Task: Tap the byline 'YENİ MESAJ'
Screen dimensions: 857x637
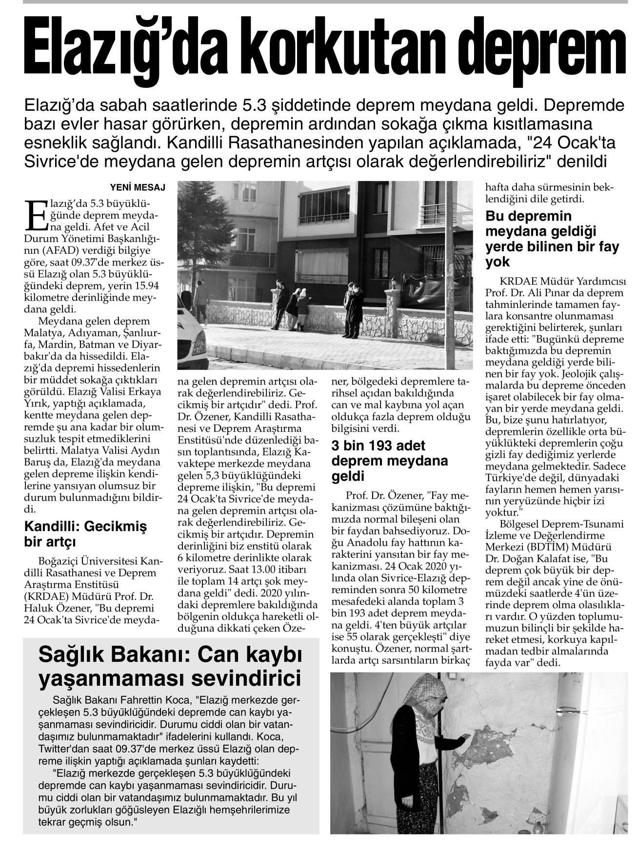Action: (x=138, y=187)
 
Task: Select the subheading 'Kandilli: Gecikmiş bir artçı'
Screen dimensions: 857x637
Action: (x=85, y=534)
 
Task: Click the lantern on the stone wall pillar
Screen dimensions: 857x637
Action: (x=394, y=284)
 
